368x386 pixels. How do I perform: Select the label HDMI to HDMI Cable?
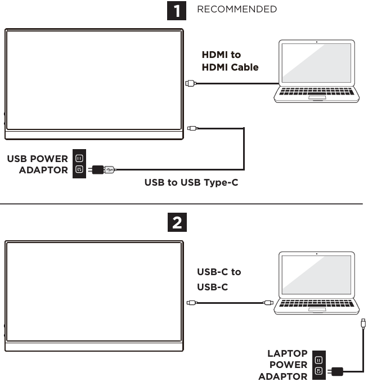[230, 61]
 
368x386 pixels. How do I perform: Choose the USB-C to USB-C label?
[219, 279]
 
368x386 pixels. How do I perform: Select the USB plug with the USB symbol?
[110, 168]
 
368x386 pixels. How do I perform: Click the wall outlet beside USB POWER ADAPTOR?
[79, 163]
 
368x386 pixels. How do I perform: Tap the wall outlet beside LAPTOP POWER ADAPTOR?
[318, 366]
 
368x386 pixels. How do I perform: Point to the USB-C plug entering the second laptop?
[268, 303]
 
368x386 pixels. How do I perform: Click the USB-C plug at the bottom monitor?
[191, 303]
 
